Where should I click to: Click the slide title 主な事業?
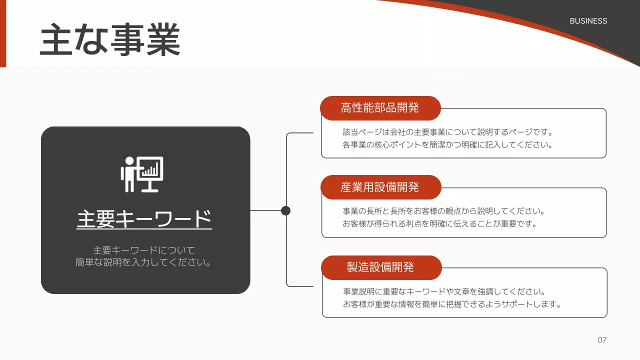(x=110, y=40)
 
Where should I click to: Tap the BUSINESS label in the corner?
(x=588, y=21)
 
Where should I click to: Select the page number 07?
(x=602, y=340)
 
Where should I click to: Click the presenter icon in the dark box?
(x=142, y=174)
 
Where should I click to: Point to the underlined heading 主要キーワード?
(x=144, y=219)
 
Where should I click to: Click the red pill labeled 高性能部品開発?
(x=380, y=108)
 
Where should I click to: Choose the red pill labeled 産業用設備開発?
(x=380, y=187)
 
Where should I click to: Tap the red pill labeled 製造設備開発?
(x=380, y=267)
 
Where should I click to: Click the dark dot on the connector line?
(x=285, y=210)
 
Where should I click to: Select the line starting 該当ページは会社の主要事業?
(x=447, y=132)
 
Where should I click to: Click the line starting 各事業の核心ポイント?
(x=447, y=145)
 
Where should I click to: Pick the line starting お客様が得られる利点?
(x=440, y=224)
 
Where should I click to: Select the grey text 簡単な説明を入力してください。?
(x=143, y=262)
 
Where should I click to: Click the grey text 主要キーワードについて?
(x=144, y=250)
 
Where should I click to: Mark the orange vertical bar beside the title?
(x=3, y=33)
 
